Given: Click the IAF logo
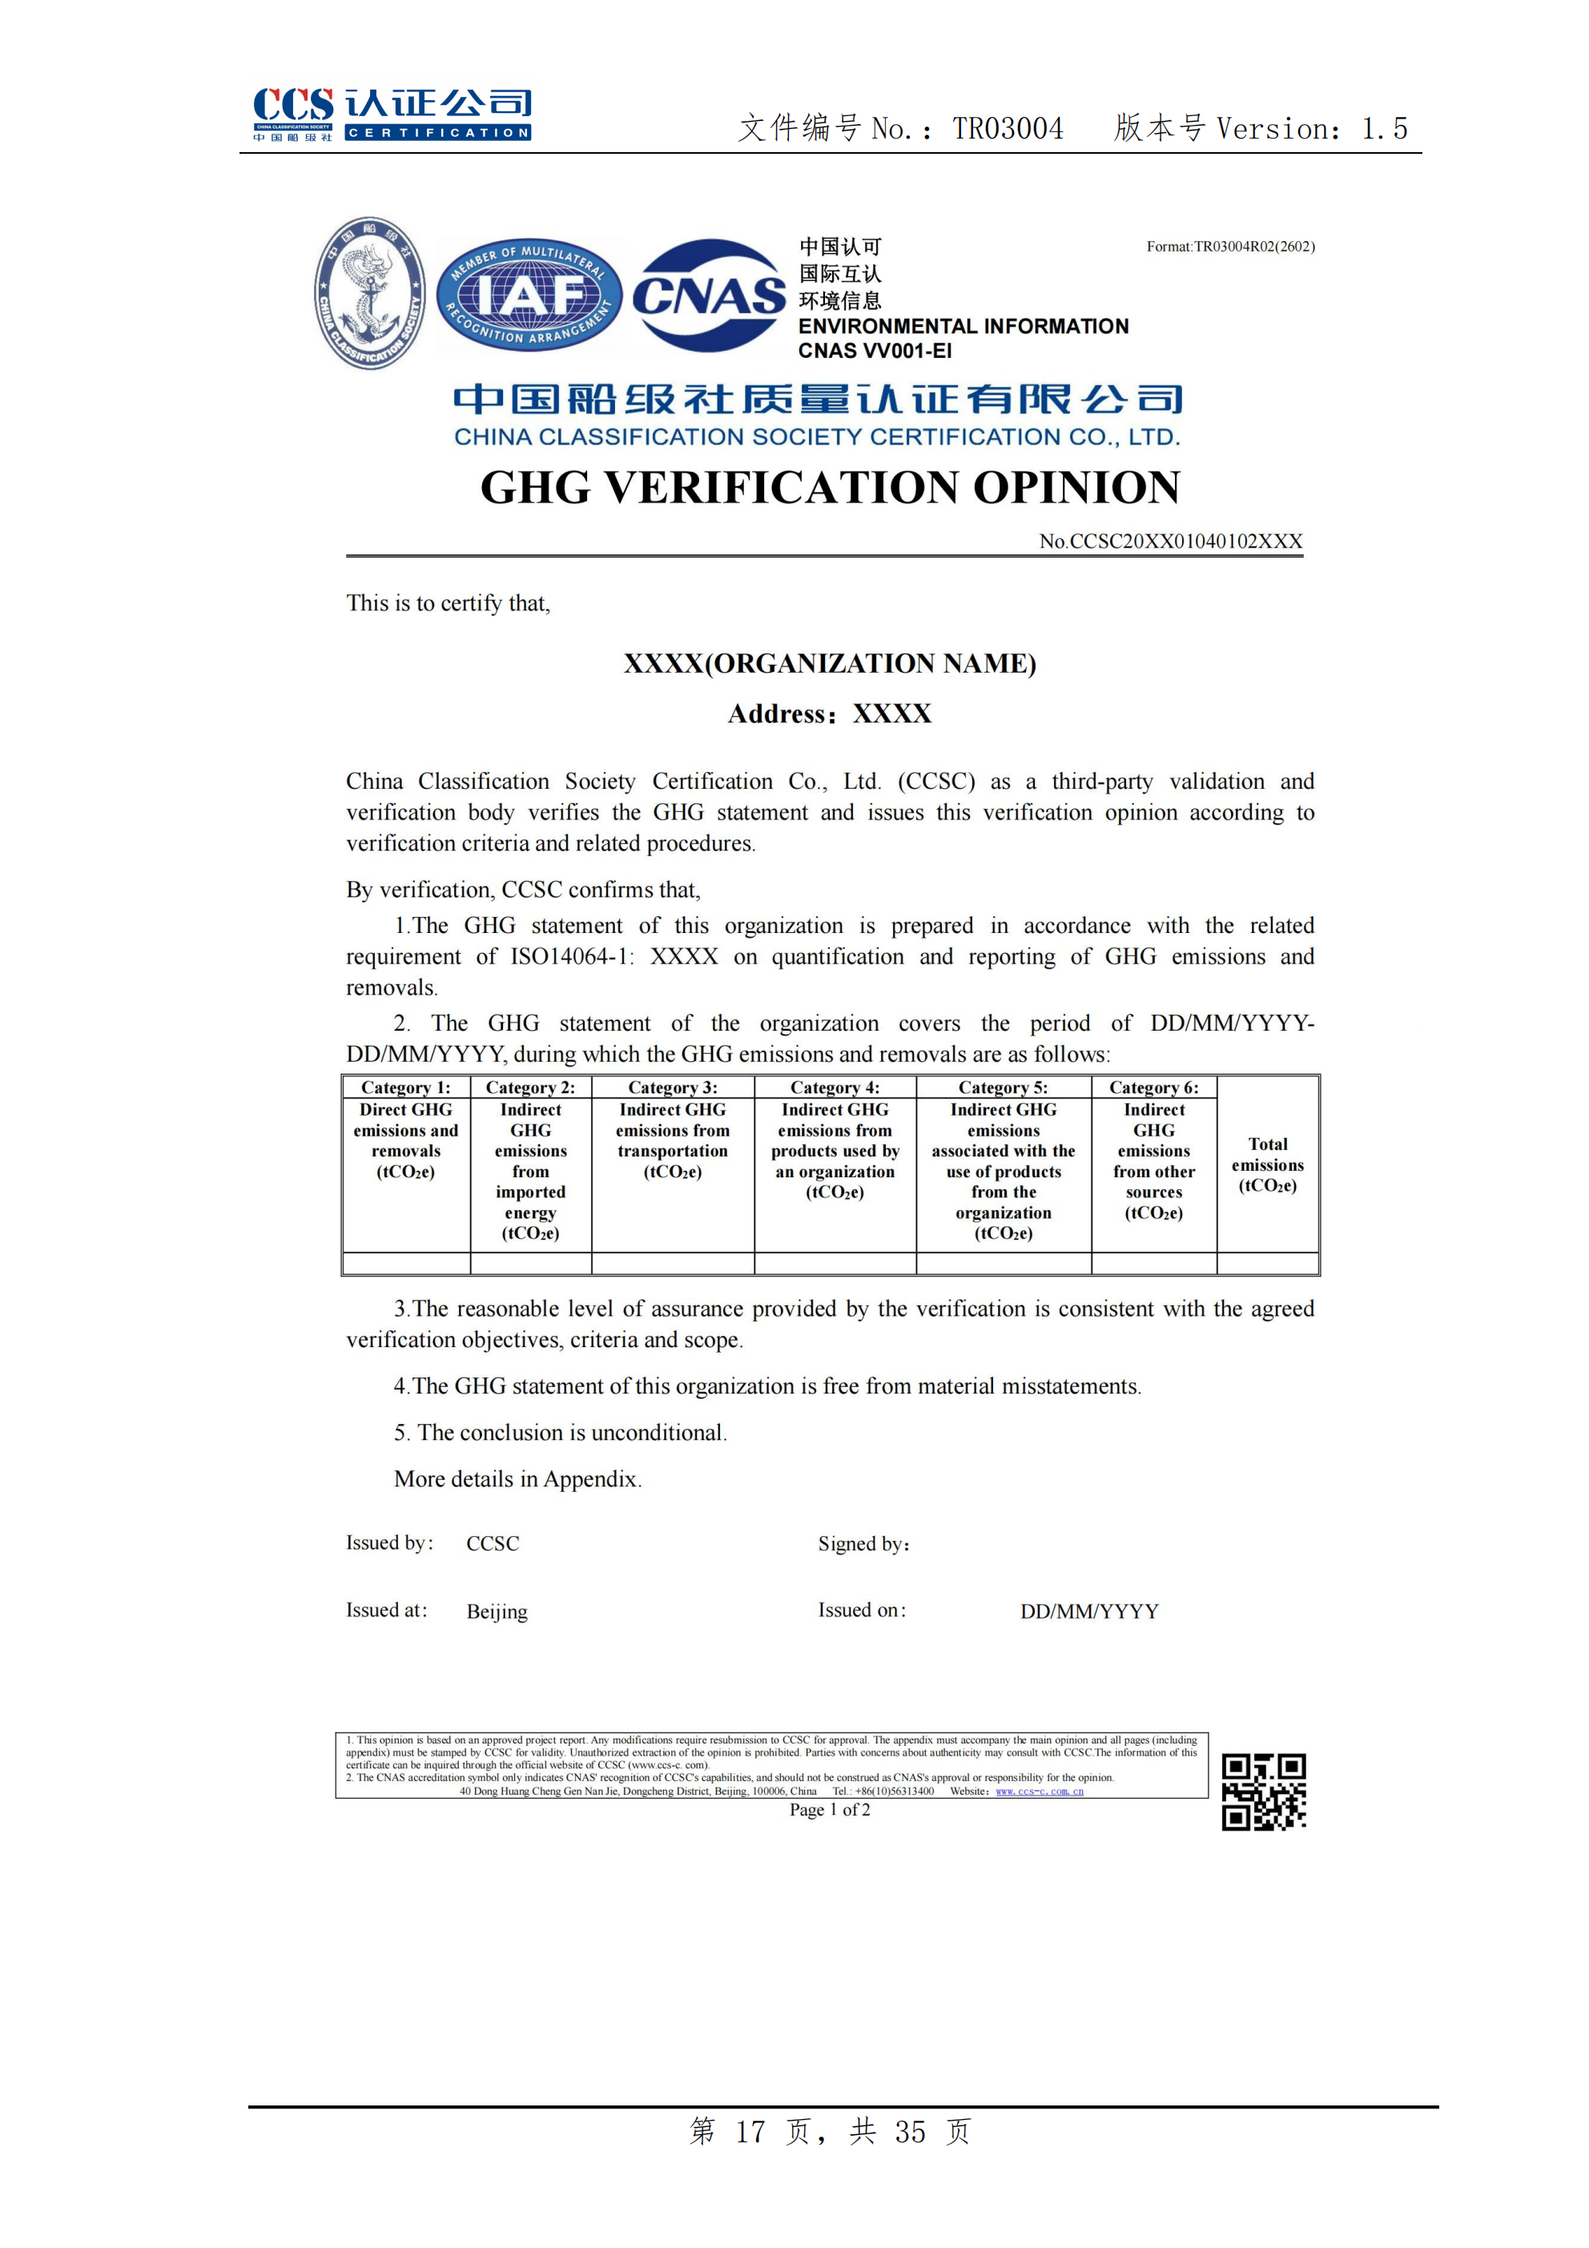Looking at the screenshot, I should click(529, 295).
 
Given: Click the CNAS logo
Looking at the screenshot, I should click(709, 295).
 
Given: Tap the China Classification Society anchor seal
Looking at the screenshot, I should click(370, 293).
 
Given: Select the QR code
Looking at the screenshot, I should click(1263, 1791).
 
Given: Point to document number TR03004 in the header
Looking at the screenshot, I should click(1008, 128).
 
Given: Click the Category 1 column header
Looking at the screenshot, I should click(405, 1088).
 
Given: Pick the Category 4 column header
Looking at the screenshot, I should click(835, 1088).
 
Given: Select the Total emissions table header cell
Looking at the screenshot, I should click(1267, 1164).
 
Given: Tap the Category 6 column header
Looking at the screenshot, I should click(1153, 1088).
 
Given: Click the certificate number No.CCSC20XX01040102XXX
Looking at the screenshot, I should click(1170, 541).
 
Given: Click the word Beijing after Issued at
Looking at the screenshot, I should click(497, 1611).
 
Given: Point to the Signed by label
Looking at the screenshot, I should click(863, 1544).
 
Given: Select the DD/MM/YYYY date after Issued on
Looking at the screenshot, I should click(1088, 1611).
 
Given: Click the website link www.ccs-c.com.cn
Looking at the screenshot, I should click(1039, 1791).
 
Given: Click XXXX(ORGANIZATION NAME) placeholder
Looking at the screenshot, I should click(829, 664).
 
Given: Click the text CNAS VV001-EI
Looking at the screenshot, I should click(875, 351).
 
